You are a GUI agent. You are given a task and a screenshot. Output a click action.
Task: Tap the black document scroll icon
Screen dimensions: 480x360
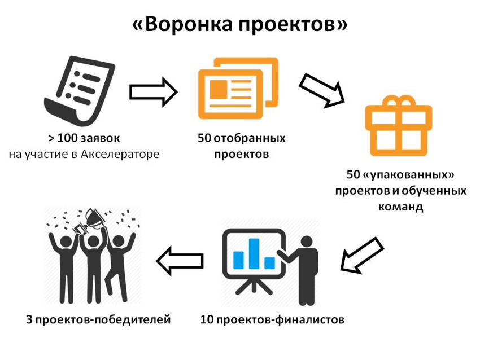click(80, 91)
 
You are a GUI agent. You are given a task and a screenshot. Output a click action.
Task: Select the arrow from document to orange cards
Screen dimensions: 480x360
click(154, 92)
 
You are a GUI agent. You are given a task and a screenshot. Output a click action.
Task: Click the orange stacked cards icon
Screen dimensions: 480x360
click(238, 88)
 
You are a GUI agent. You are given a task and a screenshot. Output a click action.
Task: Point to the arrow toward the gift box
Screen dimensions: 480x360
click(322, 90)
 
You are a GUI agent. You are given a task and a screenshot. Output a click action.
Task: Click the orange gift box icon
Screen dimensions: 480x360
click(399, 126)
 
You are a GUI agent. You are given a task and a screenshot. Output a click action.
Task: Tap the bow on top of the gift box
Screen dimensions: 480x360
click(399, 100)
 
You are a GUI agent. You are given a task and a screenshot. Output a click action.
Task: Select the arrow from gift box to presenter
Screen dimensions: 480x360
click(362, 255)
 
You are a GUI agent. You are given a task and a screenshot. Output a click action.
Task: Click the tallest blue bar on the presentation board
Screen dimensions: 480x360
click(254, 253)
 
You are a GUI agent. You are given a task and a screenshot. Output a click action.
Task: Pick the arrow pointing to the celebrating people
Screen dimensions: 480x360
click(180, 261)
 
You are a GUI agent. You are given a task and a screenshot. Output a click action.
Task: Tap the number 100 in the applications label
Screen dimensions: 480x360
click(67, 138)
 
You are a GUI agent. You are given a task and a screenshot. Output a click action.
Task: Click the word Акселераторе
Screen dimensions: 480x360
click(120, 154)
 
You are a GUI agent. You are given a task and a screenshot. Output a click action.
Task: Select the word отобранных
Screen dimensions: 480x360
click(249, 138)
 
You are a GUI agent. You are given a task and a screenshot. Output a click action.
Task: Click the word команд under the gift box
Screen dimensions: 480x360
click(401, 207)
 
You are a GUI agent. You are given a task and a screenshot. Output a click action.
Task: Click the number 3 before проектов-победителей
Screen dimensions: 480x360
click(29, 319)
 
